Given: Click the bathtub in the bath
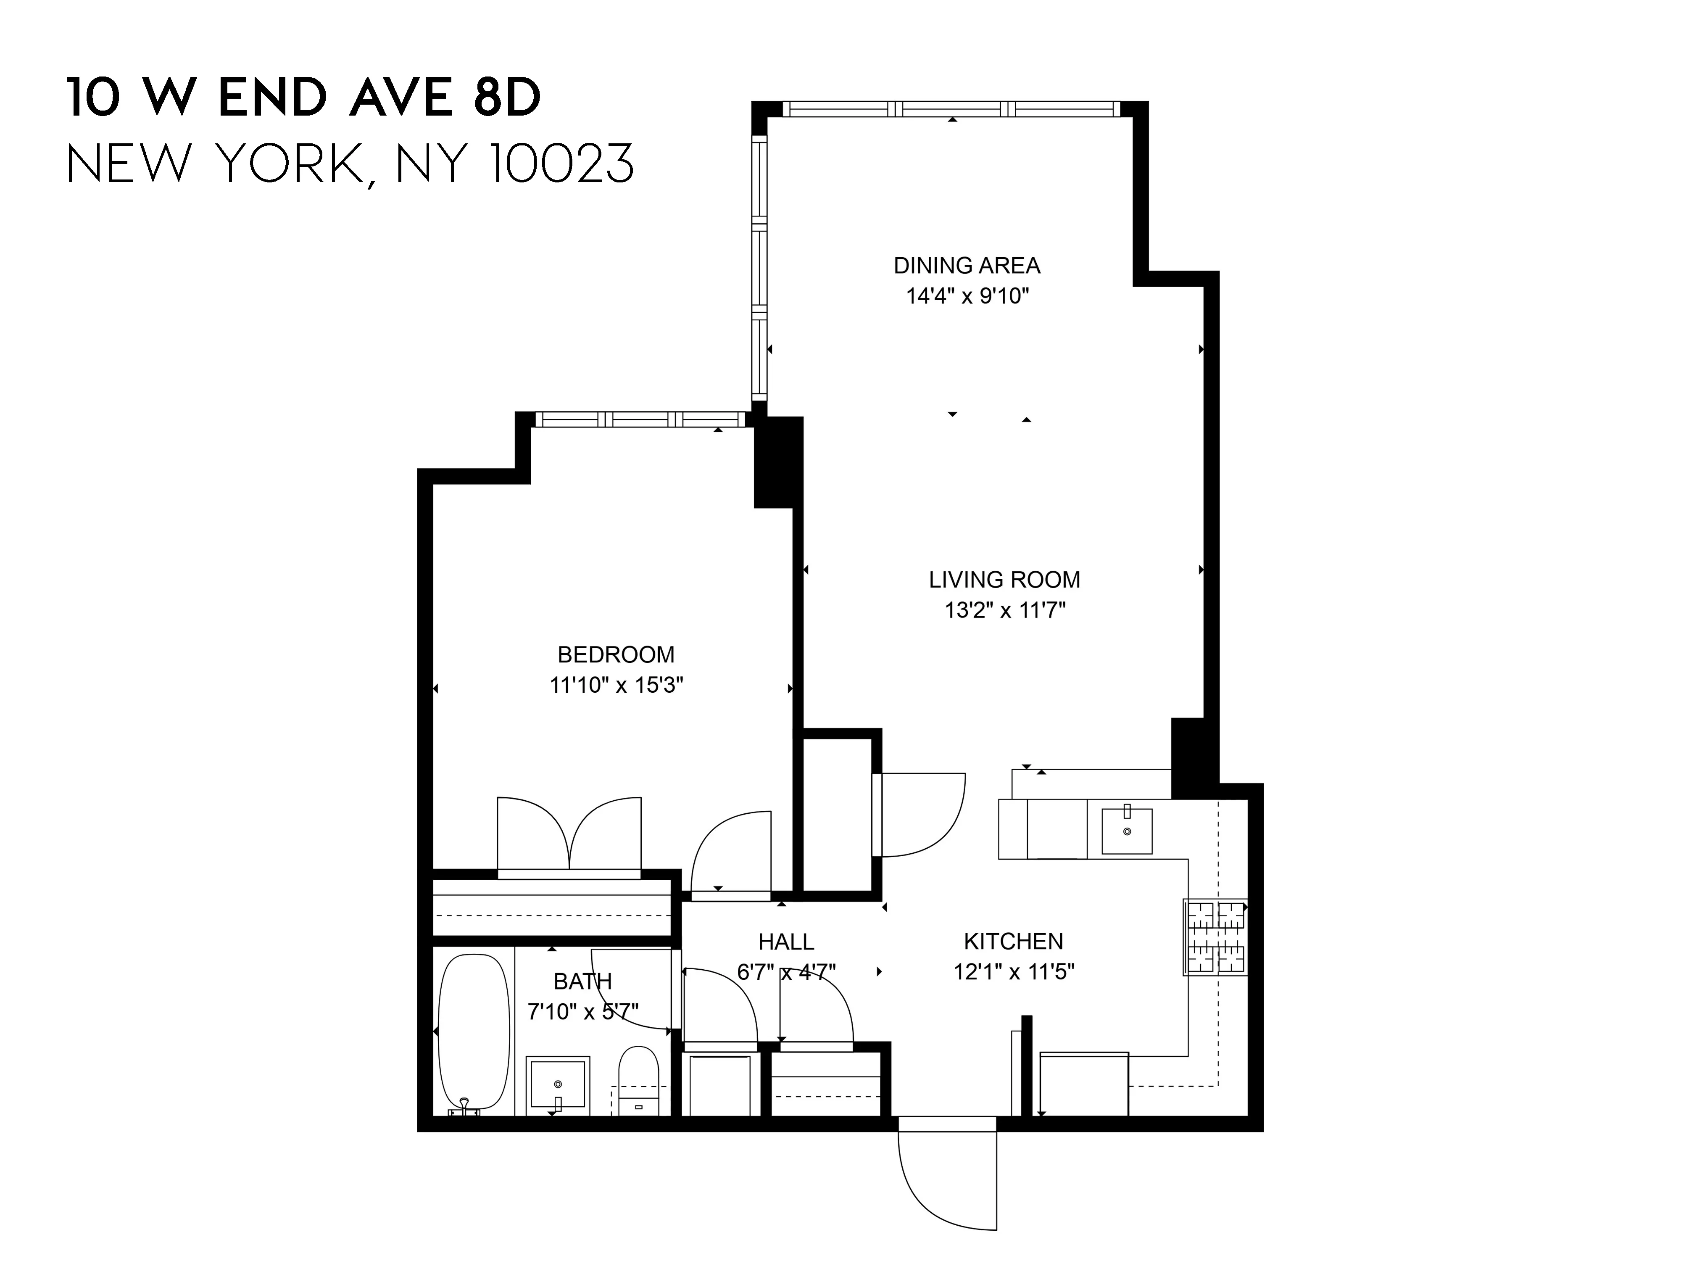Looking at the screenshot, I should point(474,1031).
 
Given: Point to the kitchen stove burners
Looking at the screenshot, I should point(1216,937).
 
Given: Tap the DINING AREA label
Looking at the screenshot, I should point(967,265).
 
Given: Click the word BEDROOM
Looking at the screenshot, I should point(616,654).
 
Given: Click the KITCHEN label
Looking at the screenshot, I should point(1013,941).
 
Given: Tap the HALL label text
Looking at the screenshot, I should point(786,942).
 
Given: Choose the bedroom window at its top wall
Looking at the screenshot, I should point(640,419).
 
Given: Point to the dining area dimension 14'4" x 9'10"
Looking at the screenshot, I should point(967,295).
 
